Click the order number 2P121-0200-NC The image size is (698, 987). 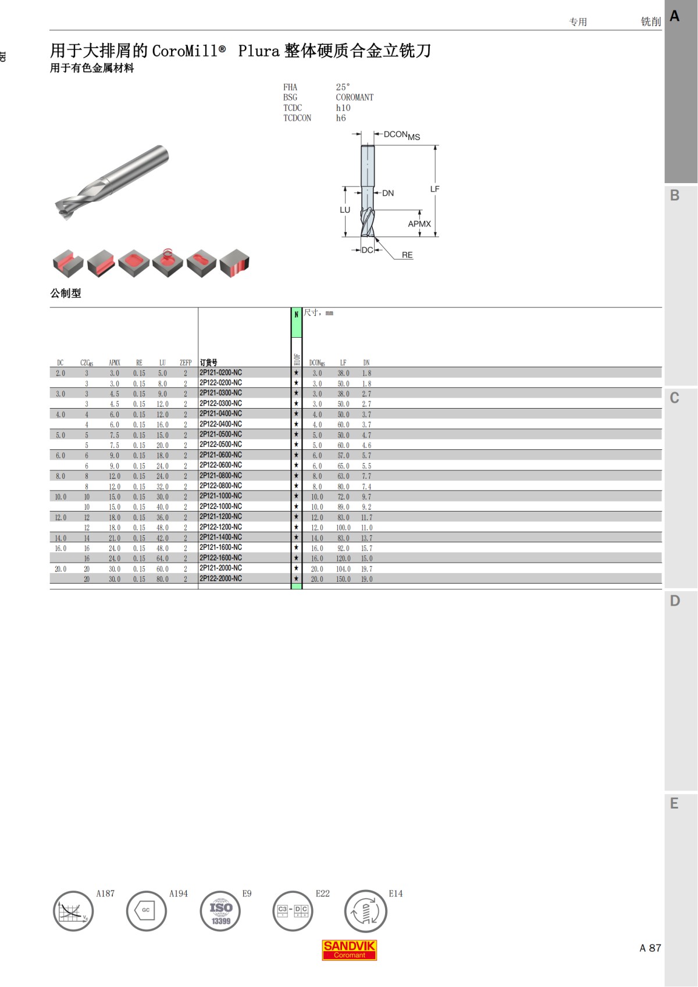pyautogui.click(x=220, y=373)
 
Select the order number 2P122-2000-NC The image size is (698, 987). pyautogui.click(x=220, y=578)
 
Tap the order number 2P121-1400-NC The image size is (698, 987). pyautogui.click(x=220, y=537)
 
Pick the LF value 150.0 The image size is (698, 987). pyautogui.click(x=343, y=579)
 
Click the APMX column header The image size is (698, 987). pyautogui.click(x=115, y=363)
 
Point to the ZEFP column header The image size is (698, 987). pyautogui.click(x=186, y=363)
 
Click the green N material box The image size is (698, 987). pyautogui.click(x=296, y=323)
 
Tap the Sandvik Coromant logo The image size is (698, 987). pyautogui.click(x=349, y=950)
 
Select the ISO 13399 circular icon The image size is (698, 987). pyautogui.click(x=220, y=911)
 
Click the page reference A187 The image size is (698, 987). pyautogui.click(x=105, y=893)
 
